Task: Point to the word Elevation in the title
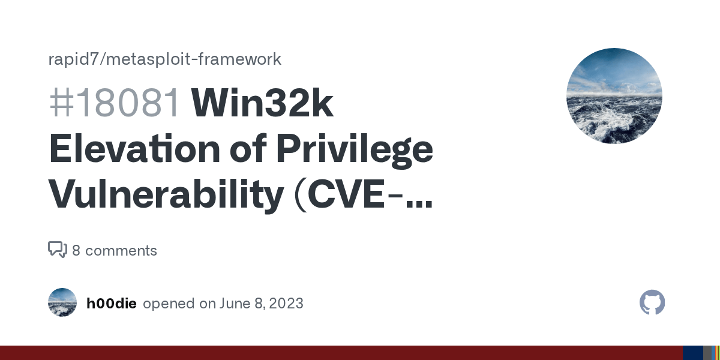pyautogui.click(x=134, y=149)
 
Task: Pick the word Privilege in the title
pyautogui.click(x=354, y=149)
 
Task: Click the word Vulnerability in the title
pyautogui.click(x=165, y=194)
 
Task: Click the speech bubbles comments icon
pyautogui.click(x=57, y=250)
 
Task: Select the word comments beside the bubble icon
pyautogui.click(x=121, y=251)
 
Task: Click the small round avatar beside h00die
pyautogui.click(x=62, y=302)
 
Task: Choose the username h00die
pyautogui.click(x=112, y=304)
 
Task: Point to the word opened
pyautogui.click(x=170, y=304)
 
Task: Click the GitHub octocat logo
pyautogui.click(x=652, y=303)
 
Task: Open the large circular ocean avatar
pyautogui.click(x=614, y=96)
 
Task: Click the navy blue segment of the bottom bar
pyautogui.click(x=692, y=353)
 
